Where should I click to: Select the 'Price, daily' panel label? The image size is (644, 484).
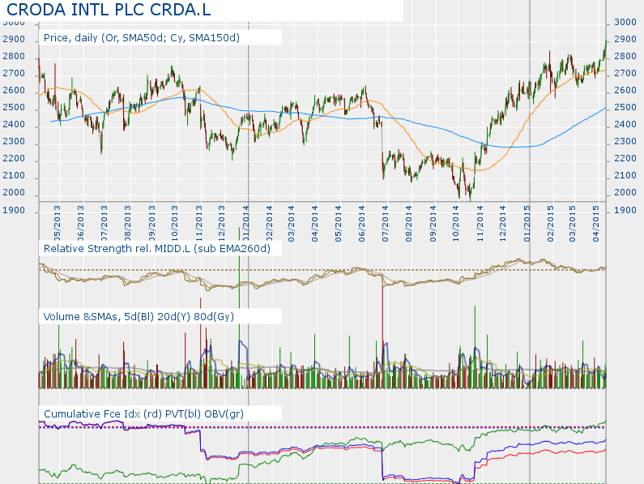[x=142, y=37]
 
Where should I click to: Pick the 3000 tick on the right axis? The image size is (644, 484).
[x=625, y=22]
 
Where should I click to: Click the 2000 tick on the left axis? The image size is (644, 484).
[x=14, y=193]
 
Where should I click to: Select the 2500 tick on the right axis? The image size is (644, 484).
[x=625, y=108]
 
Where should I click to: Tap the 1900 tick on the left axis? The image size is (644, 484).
[x=14, y=210]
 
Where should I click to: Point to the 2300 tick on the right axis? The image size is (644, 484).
[x=625, y=142]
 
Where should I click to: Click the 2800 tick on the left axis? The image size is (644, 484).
[x=14, y=57]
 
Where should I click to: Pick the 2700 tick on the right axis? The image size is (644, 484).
[x=625, y=74]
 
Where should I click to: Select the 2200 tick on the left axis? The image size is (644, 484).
[x=14, y=159]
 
